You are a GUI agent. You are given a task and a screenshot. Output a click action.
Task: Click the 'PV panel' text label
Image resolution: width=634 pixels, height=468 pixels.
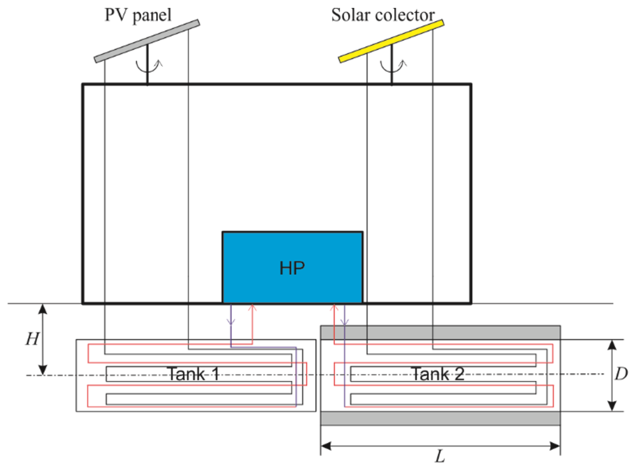(138, 15)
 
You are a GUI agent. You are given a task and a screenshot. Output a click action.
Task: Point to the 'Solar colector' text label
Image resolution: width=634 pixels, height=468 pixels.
(383, 15)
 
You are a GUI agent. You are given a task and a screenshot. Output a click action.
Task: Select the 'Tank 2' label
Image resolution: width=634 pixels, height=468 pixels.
(437, 374)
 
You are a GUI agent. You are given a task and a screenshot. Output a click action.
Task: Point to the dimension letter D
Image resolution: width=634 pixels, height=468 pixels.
(621, 374)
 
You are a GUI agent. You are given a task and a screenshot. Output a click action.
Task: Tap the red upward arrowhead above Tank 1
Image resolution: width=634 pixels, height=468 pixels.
(252, 307)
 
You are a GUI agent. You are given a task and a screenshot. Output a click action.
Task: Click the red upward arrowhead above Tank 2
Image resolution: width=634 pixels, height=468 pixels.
(335, 307)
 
